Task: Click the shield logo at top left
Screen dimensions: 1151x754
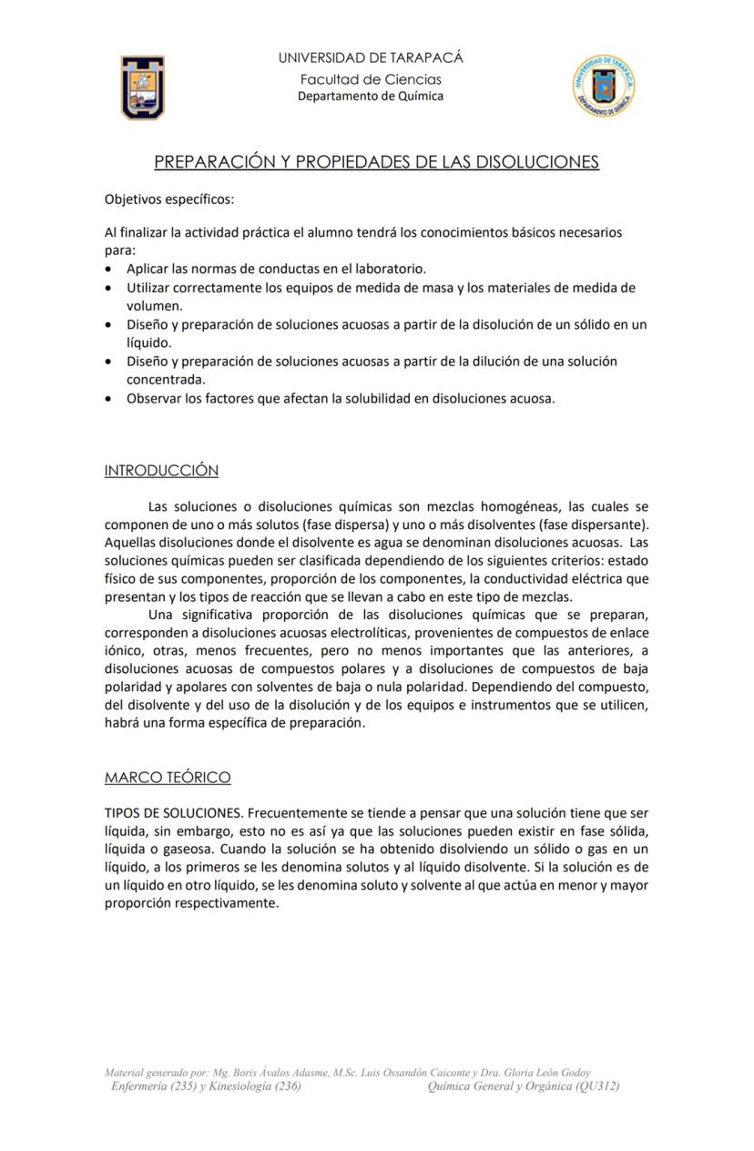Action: point(143,87)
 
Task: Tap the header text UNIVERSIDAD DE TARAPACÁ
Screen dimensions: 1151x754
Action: point(371,57)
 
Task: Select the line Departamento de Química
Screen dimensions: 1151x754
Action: point(371,96)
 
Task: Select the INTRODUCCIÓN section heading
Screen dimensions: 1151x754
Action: point(161,471)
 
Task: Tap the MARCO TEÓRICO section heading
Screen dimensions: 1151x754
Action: point(168,778)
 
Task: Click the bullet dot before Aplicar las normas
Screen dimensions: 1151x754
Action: point(109,270)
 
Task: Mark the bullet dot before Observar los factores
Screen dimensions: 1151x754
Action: point(109,399)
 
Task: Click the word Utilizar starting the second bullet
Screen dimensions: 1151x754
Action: point(149,288)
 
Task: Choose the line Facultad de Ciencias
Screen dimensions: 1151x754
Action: point(371,79)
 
